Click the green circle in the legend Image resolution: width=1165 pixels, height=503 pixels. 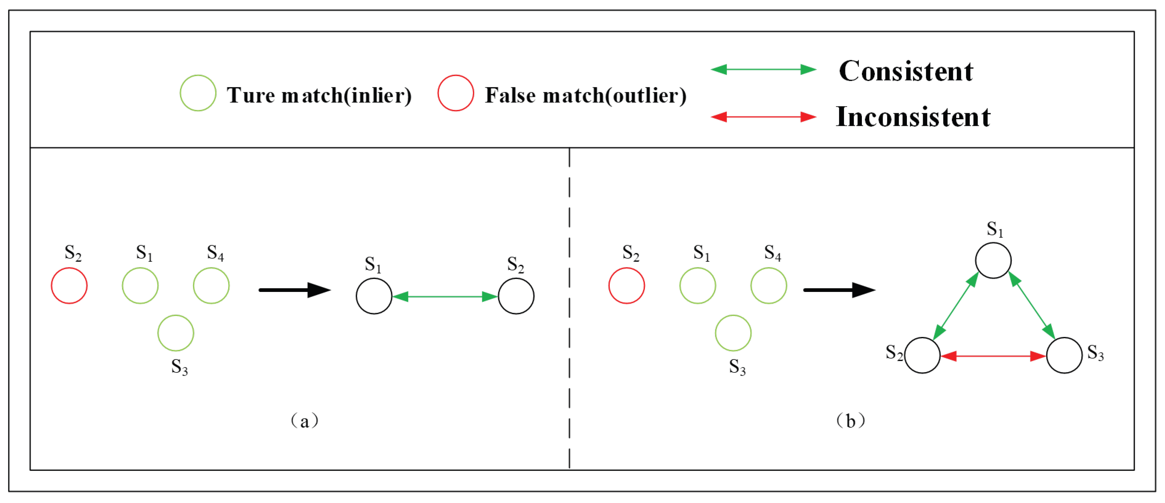point(198,93)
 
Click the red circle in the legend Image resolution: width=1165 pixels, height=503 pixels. point(455,93)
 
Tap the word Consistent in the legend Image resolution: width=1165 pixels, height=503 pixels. point(906,71)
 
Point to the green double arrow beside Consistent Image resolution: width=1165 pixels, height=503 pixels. point(763,70)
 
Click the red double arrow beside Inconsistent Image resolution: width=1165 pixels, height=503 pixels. point(763,117)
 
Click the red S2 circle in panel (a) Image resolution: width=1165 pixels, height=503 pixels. point(69,286)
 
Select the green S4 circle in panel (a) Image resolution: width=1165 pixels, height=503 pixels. point(211,286)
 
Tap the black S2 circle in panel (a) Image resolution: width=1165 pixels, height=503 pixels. point(516,296)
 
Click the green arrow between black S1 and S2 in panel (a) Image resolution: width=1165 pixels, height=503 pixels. point(445,297)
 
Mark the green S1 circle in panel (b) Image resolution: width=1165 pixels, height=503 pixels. point(698,286)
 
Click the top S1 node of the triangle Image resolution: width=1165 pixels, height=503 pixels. point(993,261)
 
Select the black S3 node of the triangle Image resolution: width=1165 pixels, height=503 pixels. point(1064,356)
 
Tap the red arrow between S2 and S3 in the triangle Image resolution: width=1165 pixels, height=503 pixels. point(993,356)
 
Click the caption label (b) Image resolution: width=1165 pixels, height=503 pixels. point(851,421)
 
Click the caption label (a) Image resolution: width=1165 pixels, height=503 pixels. point(305,421)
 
